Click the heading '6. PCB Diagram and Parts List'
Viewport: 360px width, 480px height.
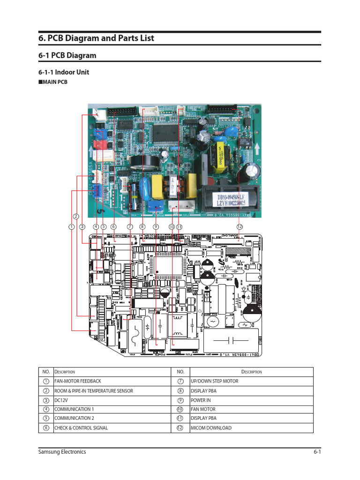point(96,38)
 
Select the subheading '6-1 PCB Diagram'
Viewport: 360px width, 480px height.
point(67,55)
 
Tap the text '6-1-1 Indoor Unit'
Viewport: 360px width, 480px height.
point(64,72)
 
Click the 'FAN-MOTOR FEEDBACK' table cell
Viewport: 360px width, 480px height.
point(78,381)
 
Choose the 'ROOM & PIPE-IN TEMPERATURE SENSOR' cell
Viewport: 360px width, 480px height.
point(93,390)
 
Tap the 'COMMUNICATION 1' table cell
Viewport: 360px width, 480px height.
point(74,409)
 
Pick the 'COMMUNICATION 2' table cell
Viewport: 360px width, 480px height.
point(74,418)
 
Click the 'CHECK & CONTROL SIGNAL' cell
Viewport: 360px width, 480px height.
point(81,427)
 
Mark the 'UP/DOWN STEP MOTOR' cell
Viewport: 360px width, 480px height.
point(214,381)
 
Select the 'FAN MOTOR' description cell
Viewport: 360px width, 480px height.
point(203,409)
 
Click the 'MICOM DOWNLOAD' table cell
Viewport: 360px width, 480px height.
point(211,427)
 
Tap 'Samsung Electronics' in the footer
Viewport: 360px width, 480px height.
point(62,452)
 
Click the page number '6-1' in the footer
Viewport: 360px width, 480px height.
point(317,452)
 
